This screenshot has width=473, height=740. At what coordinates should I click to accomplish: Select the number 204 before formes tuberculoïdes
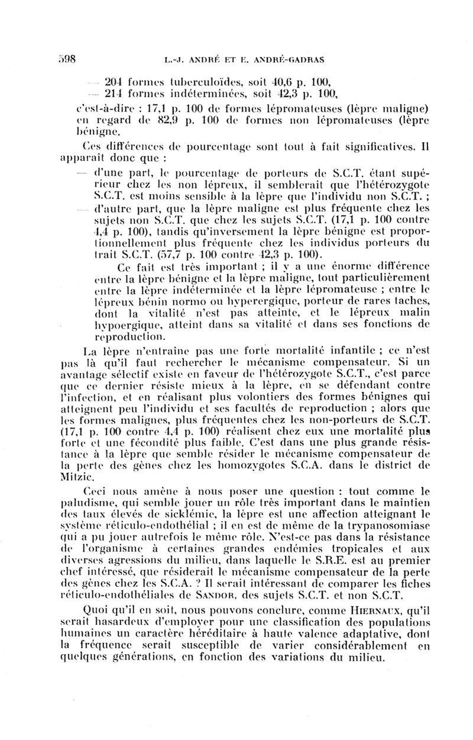(112, 82)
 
